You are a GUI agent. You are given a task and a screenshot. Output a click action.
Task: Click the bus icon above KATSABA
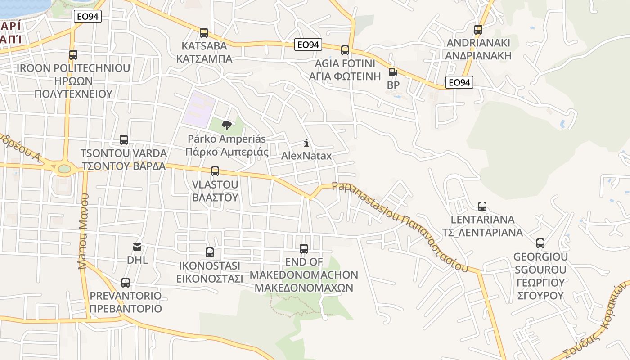pos(204,33)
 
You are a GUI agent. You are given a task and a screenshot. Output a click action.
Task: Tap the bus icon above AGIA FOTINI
pos(345,50)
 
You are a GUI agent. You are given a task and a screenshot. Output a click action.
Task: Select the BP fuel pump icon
pos(393,72)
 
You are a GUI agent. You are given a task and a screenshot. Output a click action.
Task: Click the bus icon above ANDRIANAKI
pos(478,30)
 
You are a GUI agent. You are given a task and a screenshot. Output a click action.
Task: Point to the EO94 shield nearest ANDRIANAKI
pos(459,82)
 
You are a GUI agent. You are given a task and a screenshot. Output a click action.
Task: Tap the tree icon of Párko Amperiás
pos(227,126)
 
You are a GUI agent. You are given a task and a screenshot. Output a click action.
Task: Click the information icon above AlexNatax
pos(306,143)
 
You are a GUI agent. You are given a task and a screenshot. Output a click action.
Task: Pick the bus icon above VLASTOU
pos(215,171)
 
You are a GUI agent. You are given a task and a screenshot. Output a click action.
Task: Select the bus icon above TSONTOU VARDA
pos(124,140)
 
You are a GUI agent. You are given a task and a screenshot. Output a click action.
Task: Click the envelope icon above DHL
pos(137,247)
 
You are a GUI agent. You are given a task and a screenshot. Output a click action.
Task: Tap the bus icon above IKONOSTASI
pos(210,252)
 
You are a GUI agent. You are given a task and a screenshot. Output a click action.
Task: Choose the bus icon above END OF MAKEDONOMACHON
pos(304,249)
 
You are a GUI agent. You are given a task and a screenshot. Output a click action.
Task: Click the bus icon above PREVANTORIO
pos(126,283)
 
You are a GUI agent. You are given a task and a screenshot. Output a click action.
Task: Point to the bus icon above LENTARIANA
pos(482,207)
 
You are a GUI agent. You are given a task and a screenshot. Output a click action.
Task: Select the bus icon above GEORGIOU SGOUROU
pos(540,243)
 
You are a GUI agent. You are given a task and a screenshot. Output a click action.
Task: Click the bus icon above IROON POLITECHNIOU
pos(73,55)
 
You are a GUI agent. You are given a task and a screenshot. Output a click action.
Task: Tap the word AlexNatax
pos(306,156)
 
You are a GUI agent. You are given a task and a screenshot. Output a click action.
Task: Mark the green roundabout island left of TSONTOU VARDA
pos(64,169)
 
